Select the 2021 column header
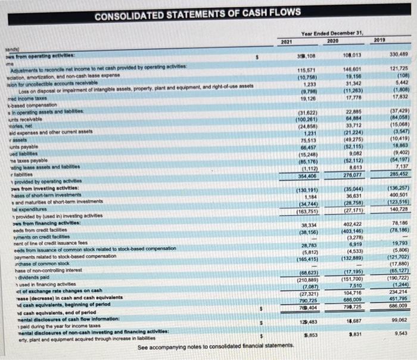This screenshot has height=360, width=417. tap(286, 40)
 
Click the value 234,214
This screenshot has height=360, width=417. tap(397, 293)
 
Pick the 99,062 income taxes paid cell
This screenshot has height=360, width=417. tap(397, 320)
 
